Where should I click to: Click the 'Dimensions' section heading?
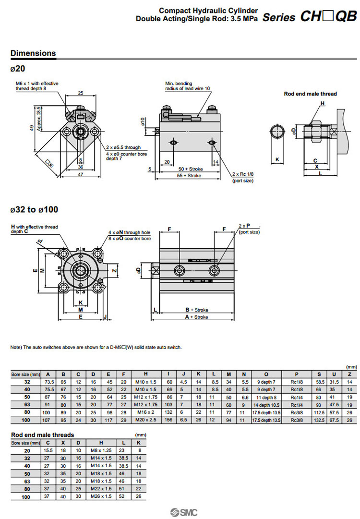tap(33, 53)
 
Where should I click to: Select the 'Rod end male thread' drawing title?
tap(310, 94)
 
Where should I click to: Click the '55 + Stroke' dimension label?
tap(190, 176)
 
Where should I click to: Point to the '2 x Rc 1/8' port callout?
tap(242, 174)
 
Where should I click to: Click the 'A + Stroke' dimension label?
tap(197, 317)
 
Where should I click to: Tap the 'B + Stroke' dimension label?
tap(197, 310)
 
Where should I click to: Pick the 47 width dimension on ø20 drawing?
tap(81, 174)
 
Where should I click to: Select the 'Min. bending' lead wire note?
tap(179, 84)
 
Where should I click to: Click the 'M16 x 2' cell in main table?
tap(145, 413)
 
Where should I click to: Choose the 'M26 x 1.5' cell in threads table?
tap(101, 496)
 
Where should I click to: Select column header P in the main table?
tap(297, 374)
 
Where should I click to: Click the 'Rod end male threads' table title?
tap(43, 435)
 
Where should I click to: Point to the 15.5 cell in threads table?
tap(48, 450)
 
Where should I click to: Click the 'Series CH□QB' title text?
tap(310, 17)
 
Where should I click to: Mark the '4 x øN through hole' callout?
tap(129, 232)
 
